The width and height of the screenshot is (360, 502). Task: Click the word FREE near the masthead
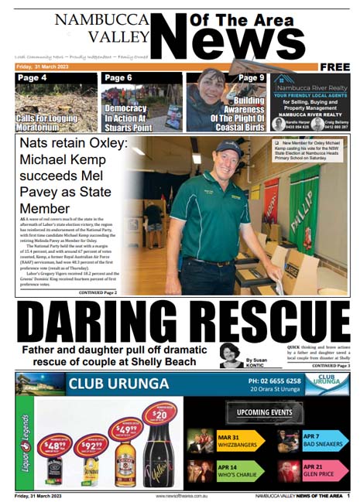[334, 67]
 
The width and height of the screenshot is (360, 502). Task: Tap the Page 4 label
[32, 78]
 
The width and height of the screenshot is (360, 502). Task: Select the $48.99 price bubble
[54, 446]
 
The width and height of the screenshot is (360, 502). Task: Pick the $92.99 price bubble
[90, 446]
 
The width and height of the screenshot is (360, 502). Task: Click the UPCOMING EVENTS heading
[259, 410]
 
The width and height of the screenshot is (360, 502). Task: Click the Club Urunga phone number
[275, 381]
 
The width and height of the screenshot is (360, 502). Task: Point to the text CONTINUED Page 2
[98, 293]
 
